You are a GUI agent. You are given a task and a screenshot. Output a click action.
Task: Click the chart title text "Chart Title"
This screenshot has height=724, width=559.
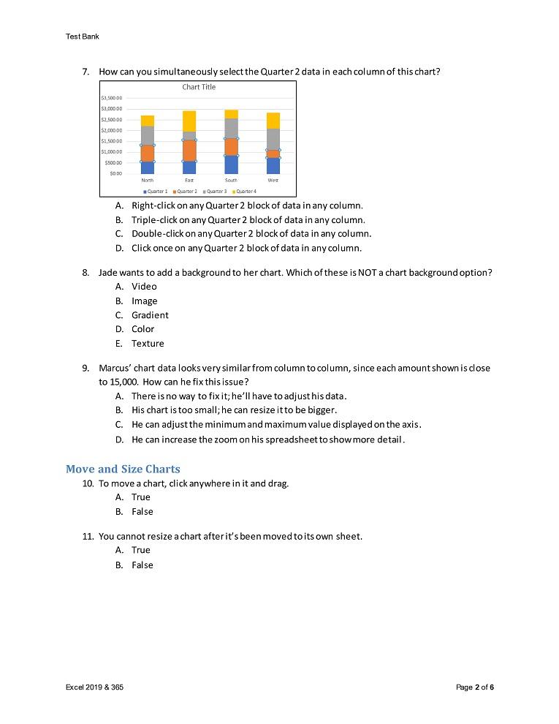199,87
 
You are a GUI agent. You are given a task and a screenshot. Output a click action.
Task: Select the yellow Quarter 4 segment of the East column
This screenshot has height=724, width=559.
189,121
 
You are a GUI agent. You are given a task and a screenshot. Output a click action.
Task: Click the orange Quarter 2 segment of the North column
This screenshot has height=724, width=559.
148,153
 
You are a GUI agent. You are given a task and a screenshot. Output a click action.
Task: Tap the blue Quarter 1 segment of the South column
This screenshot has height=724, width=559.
231,165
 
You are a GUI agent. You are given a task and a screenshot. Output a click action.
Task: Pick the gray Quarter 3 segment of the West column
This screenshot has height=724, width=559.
273,139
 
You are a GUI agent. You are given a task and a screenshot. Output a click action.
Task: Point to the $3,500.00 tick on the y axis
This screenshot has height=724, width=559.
112,97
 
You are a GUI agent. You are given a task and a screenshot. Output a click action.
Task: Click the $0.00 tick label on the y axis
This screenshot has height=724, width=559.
115,173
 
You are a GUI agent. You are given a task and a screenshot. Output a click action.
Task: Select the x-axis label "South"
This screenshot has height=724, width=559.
231,179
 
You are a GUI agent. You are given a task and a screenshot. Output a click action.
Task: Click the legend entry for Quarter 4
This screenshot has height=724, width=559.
245,191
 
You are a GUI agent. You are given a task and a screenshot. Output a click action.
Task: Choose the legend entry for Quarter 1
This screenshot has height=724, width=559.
156,191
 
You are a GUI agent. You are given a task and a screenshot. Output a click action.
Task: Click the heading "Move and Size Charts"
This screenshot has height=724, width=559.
123,469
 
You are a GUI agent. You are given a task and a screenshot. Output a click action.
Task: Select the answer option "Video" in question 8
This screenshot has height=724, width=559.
144,287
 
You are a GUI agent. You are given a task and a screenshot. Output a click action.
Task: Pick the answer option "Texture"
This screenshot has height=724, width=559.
148,344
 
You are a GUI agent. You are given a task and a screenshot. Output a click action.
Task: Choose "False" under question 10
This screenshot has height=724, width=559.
142,512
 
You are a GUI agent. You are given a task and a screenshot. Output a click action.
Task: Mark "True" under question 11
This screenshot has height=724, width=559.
141,550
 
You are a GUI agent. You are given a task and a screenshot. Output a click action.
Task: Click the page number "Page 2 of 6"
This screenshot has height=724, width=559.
475,687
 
